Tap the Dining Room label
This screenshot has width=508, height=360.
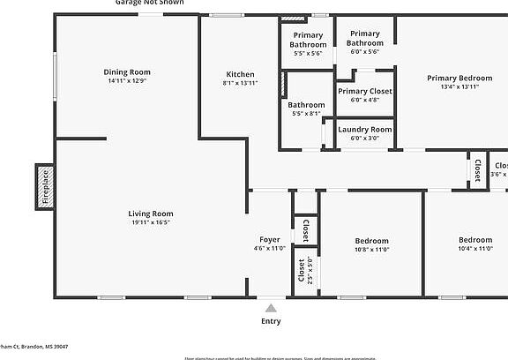click(127, 72)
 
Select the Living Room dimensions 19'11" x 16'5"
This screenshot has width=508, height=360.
click(151, 222)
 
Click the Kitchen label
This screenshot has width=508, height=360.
click(240, 74)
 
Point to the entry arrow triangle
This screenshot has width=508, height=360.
click(271, 308)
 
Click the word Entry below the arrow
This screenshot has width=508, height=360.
click(271, 321)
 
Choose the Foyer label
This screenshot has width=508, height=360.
click(269, 240)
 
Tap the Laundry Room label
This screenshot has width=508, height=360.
click(365, 130)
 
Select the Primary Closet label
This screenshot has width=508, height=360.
click(365, 91)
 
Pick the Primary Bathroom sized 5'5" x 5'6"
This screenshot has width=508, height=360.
click(308, 40)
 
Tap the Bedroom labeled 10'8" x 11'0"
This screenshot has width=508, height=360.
click(371, 241)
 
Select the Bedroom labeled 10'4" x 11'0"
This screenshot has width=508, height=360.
click(474, 240)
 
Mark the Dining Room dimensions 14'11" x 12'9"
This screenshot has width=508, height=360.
click(127, 81)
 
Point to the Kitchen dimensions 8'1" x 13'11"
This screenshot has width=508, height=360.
click(240, 83)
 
